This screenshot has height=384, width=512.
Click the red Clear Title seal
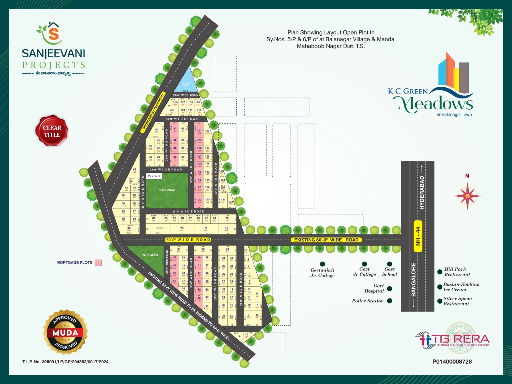click(52, 131)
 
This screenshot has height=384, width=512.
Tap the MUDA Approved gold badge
click(65, 332)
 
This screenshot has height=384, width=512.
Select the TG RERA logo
click(454, 339)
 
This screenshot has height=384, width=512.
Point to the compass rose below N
click(467, 196)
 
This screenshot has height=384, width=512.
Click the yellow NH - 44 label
click(418, 236)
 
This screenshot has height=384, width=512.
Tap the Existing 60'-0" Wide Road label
click(326, 240)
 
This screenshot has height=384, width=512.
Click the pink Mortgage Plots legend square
click(98, 263)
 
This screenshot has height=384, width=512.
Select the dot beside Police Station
click(390, 301)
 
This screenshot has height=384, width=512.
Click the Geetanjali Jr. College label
click(322, 273)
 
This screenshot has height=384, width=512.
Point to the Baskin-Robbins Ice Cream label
click(461, 287)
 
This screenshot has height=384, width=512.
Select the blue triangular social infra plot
click(185, 82)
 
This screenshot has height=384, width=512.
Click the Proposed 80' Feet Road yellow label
click(153, 113)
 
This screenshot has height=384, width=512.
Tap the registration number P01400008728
click(452, 362)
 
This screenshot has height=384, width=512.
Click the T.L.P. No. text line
click(65, 362)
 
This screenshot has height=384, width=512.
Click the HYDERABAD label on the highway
click(422, 192)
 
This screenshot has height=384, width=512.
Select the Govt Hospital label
click(374, 288)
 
